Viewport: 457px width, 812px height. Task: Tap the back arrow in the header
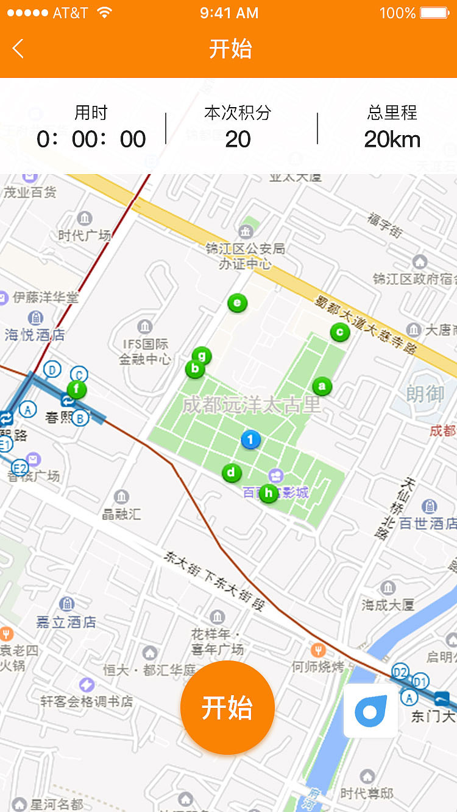coord(18,49)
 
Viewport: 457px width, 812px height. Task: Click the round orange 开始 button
coord(227,708)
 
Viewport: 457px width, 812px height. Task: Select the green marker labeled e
coord(237,303)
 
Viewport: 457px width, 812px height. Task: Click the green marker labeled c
coord(339,332)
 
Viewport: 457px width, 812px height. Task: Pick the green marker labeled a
coord(322,385)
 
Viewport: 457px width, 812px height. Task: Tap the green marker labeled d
coord(231,472)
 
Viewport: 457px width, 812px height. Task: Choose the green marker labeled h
coord(269,493)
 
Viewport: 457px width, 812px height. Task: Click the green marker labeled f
coord(77,389)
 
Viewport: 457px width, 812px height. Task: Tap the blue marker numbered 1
coord(250,439)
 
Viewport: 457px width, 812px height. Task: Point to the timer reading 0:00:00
coord(91,139)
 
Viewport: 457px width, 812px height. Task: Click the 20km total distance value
coord(392,139)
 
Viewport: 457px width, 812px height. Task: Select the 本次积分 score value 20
coord(238,139)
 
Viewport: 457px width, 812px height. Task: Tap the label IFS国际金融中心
coord(145,351)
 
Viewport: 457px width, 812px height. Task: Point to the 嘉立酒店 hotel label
coord(66,621)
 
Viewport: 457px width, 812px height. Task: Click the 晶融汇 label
coord(121,514)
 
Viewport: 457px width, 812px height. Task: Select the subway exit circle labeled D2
coord(400,672)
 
